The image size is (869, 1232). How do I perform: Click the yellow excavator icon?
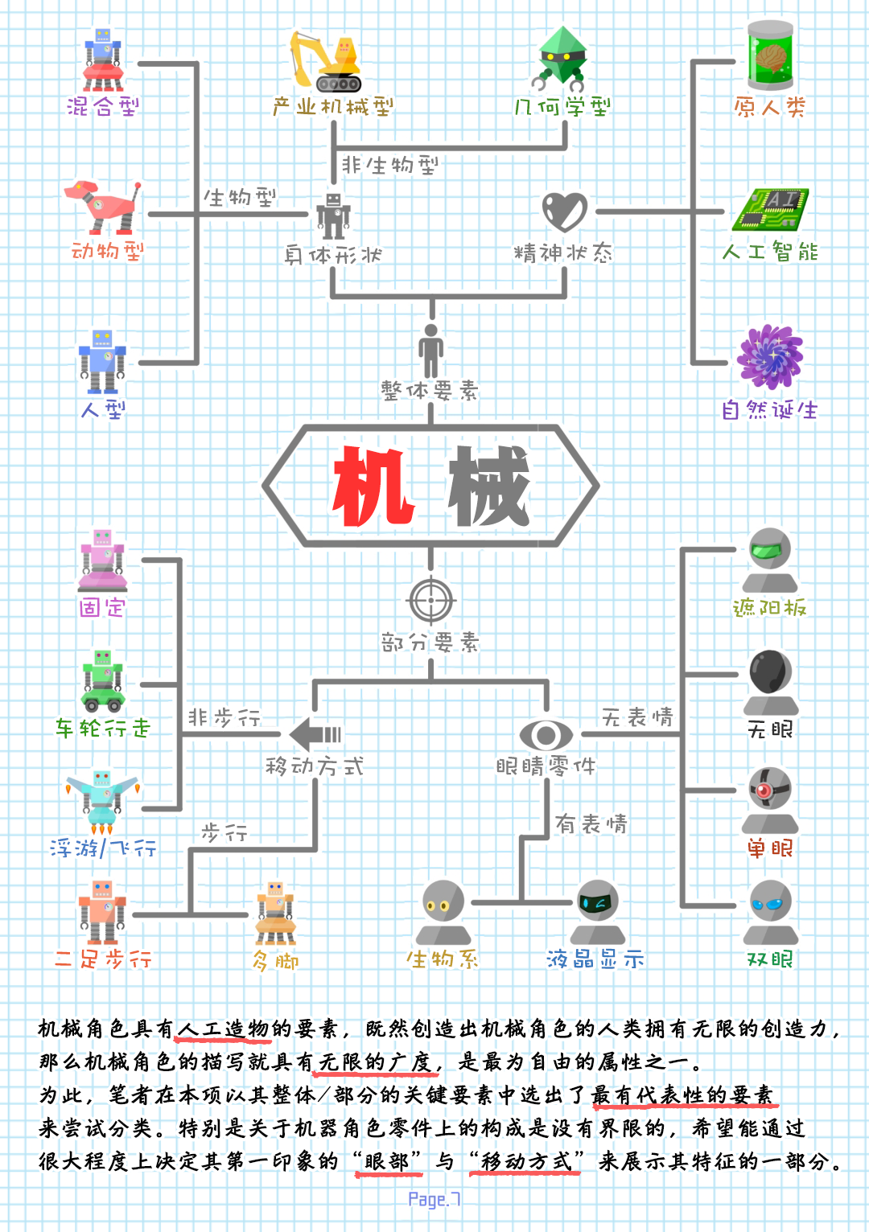point(326,61)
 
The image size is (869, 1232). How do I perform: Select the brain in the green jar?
point(770,55)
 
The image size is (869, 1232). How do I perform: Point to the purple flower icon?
point(770,357)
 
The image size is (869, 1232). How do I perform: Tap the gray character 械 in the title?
point(488,486)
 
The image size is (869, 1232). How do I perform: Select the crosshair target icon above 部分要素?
point(431,600)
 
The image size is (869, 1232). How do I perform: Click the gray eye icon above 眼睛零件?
point(546,734)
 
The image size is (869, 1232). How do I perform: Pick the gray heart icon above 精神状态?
point(564,211)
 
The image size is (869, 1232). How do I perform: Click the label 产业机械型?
point(333,107)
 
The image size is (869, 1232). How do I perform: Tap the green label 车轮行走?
point(103,729)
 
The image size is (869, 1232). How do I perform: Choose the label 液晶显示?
point(595,959)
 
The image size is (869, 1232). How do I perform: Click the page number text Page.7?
point(434,1200)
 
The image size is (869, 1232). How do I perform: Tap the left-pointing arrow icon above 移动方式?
point(315,734)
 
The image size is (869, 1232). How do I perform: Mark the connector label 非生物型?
point(390,166)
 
